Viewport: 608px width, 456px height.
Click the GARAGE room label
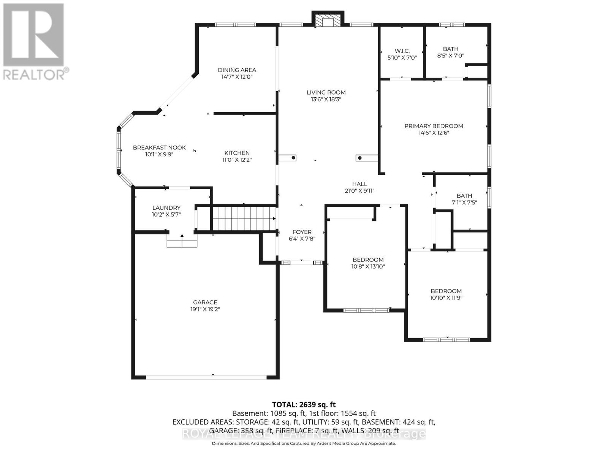[x=205, y=302]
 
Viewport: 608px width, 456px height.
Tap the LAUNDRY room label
[x=166, y=208]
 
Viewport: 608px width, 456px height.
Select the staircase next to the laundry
[x=244, y=218]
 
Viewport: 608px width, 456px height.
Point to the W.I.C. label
[x=402, y=51]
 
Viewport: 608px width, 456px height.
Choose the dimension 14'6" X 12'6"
[x=434, y=133]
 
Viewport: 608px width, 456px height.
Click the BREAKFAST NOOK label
[x=159, y=147]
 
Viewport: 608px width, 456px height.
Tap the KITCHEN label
[x=237, y=153]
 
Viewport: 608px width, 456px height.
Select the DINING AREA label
[x=237, y=70]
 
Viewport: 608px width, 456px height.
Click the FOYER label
[x=302, y=232]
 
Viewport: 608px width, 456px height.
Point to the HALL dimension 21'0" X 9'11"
[x=359, y=191]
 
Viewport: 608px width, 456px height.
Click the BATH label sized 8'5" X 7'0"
[x=451, y=49]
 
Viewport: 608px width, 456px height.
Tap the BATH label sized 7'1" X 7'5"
[x=464, y=196]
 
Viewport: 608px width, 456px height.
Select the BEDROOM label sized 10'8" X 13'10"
[x=368, y=260]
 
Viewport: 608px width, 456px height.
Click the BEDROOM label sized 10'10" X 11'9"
[x=446, y=291]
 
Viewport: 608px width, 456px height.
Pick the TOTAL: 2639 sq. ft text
[x=304, y=405]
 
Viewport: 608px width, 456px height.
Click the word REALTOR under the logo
[x=34, y=74]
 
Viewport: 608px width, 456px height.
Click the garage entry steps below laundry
[x=182, y=241]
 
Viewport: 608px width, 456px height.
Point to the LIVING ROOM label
[x=326, y=92]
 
